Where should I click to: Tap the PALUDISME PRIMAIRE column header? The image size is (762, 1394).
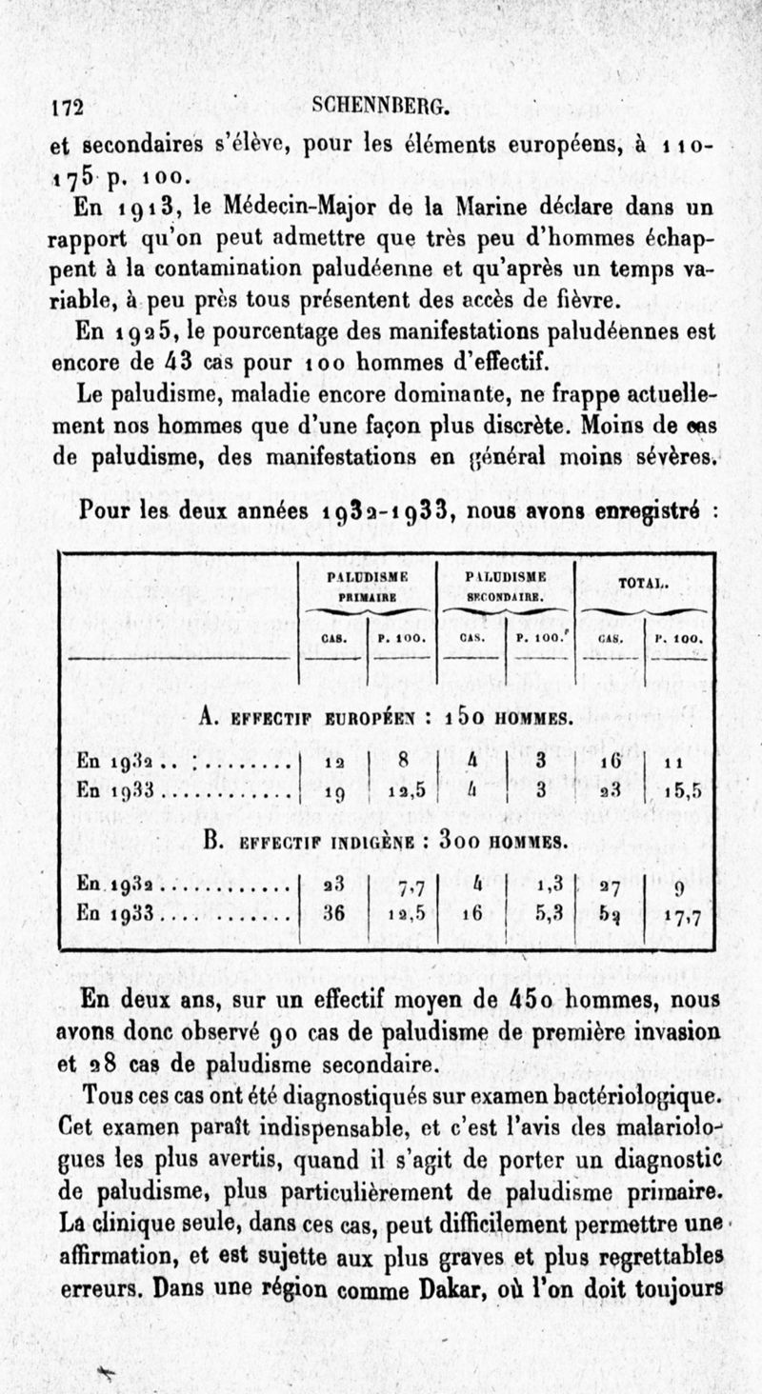point(367,583)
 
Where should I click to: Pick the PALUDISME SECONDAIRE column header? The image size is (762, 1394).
point(504,583)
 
